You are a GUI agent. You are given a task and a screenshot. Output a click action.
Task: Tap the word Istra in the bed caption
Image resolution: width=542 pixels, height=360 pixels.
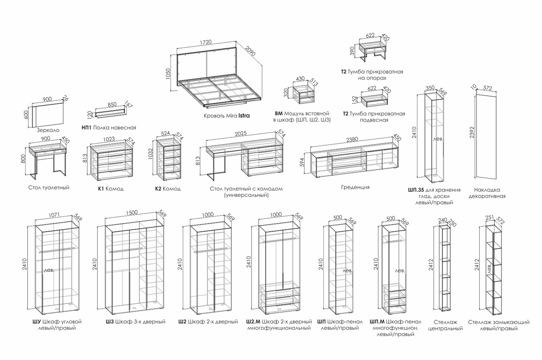[244, 115]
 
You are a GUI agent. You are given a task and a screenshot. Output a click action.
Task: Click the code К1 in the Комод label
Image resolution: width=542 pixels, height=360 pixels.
[101, 189]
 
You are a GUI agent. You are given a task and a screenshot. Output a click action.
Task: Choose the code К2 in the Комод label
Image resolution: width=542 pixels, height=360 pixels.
[158, 189]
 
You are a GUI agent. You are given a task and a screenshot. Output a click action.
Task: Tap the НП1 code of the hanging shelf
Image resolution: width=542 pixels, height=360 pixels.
[87, 128]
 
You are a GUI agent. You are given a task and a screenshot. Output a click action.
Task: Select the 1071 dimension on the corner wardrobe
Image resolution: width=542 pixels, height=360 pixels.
[56, 216]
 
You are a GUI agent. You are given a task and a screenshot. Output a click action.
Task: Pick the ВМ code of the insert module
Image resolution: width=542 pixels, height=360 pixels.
[279, 113]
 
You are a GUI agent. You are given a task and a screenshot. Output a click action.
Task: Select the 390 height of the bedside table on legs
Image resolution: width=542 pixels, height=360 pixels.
[353, 52]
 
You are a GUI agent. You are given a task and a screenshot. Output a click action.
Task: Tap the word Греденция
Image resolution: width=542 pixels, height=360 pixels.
[355, 187]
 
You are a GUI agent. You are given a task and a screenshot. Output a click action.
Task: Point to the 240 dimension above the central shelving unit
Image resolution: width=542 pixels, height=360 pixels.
[442, 221]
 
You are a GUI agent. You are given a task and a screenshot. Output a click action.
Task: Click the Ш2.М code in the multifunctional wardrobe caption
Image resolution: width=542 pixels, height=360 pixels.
[253, 322]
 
